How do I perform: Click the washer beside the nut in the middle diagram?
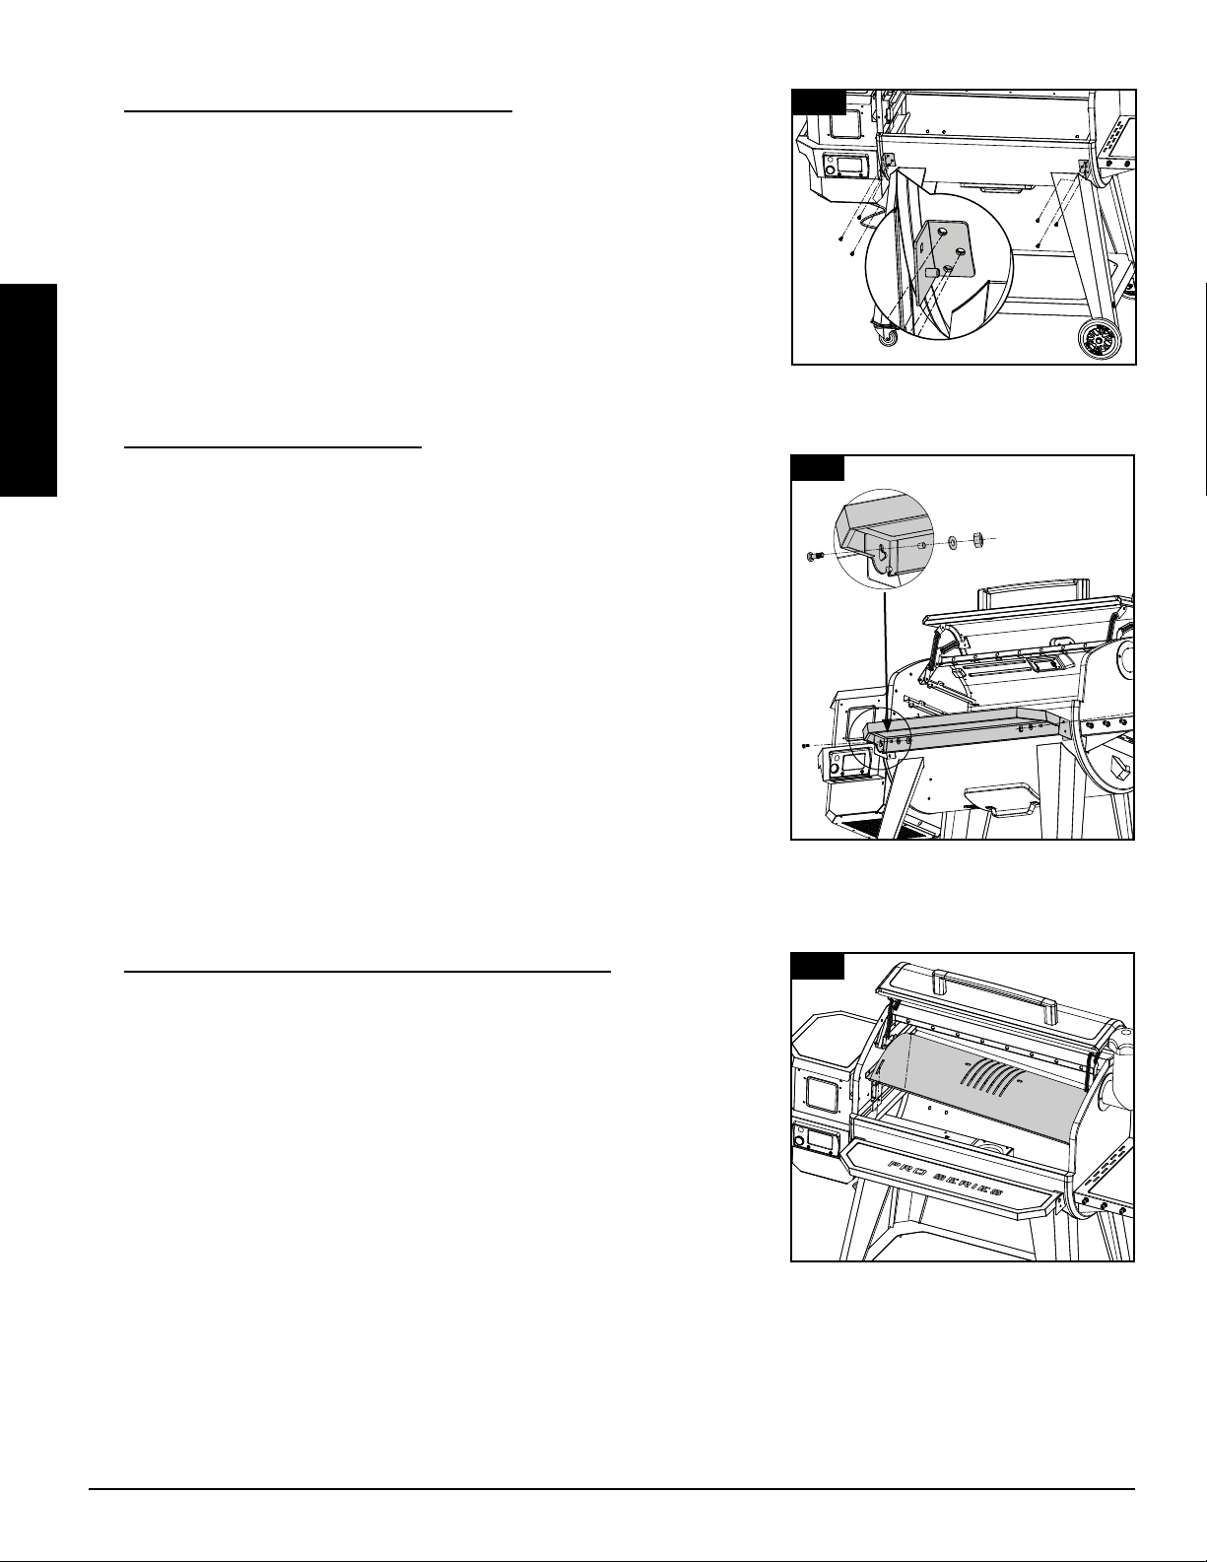click(952, 540)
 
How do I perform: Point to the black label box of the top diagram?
click(818, 102)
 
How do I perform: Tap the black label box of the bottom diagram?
click(817, 965)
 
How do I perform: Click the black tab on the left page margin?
click(28, 389)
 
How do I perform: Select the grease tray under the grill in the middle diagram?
click(1000, 798)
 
